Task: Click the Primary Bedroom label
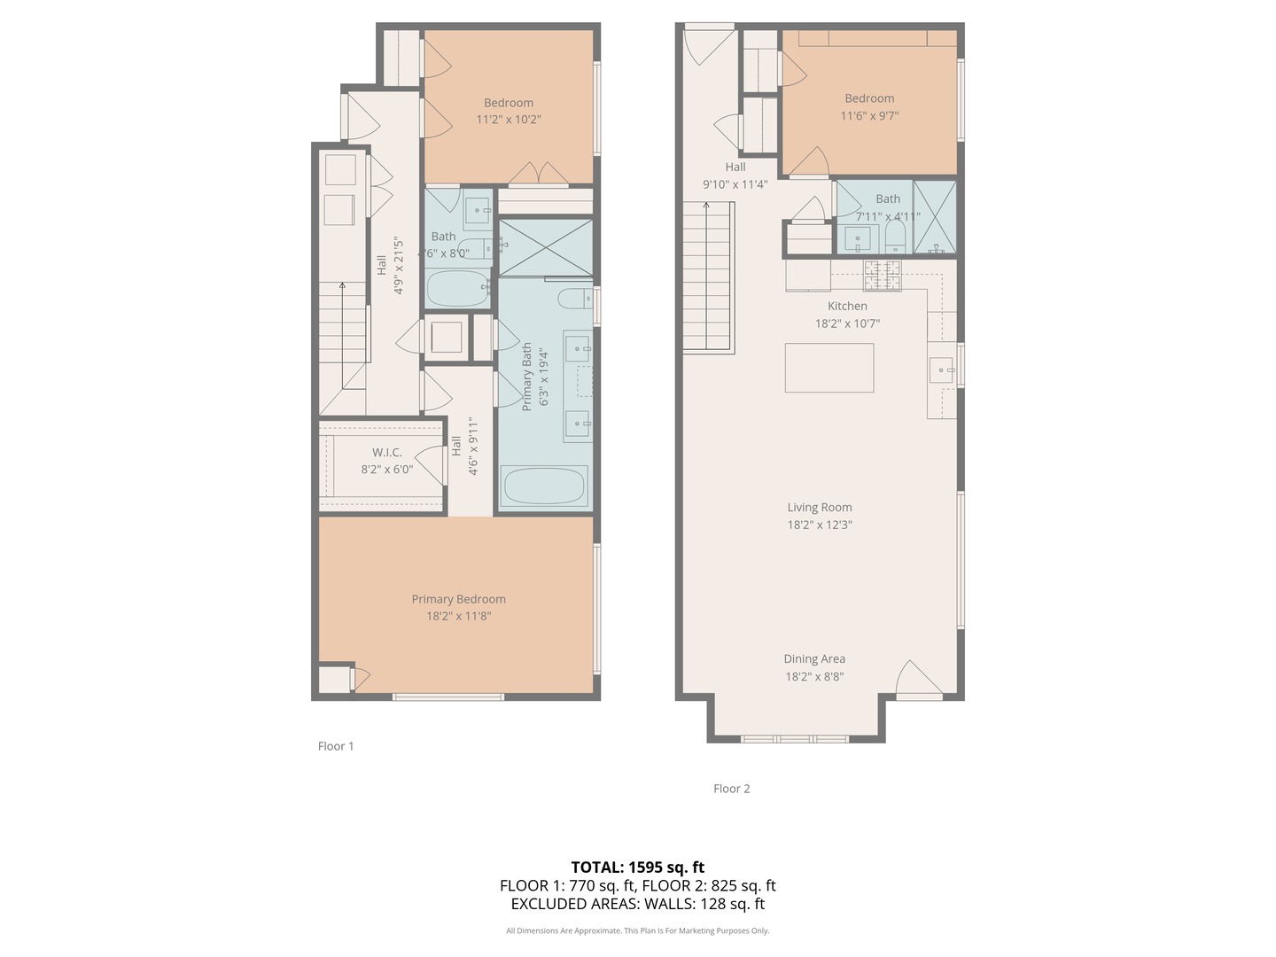[458, 599]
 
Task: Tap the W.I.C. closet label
[386, 452]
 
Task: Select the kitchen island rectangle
[829, 367]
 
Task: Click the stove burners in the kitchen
[882, 276]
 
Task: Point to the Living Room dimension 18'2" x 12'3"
[820, 525]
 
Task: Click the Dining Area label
[814, 659]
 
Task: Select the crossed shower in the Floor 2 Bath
[935, 217]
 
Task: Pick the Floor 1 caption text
[336, 746]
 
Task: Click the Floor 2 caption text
[731, 789]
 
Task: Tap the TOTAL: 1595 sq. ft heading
[638, 868]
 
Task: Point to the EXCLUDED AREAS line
[638, 904]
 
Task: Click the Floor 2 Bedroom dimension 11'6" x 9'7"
[869, 115]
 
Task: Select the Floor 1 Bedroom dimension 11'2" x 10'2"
[509, 120]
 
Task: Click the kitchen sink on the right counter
[941, 370]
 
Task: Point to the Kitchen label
[847, 307]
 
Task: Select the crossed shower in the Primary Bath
[546, 247]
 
